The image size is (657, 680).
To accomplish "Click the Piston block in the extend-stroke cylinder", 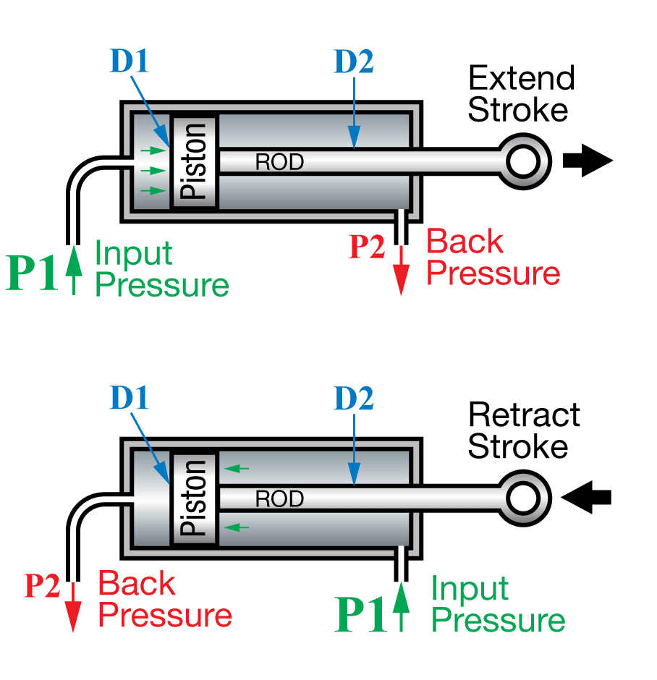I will coord(195,161).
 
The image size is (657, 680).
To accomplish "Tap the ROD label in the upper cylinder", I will coord(279,162).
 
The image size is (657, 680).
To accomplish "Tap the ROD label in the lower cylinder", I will coord(279,499).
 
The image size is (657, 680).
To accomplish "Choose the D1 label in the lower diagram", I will coord(129,398).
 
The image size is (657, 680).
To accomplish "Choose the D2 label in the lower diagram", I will coord(354,398).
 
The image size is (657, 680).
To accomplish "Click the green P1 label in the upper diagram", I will coord(32,273).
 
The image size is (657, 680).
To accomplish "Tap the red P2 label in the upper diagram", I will coord(367,247).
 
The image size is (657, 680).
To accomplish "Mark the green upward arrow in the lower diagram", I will coord(402,607).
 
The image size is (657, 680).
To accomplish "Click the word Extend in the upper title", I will coord(521,78).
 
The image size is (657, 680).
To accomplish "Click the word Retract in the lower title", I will coord(524,415).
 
